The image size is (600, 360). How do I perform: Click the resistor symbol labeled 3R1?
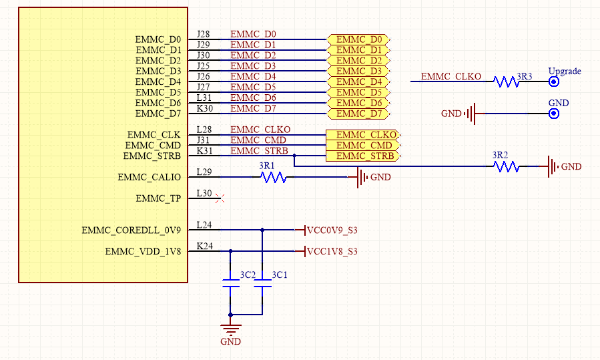pyautogui.click(x=274, y=177)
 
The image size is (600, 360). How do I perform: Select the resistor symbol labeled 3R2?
pyautogui.click(x=507, y=166)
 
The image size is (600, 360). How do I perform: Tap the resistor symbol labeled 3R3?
pyautogui.click(x=507, y=81)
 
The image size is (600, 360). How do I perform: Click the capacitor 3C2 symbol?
pyautogui.click(x=231, y=287)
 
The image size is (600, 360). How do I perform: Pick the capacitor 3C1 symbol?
pyautogui.click(x=262, y=287)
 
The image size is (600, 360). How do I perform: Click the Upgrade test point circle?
pyautogui.click(x=553, y=81)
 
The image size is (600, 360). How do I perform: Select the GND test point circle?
pyautogui.click(x=553, y=114)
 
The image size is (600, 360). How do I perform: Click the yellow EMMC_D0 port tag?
pyautogui.click(x=358, y=39)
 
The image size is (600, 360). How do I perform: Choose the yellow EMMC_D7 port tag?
pyautogui.click(x=358, y=114)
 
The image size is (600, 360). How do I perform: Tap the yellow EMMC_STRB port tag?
pyautogui.click(x=363, y=156)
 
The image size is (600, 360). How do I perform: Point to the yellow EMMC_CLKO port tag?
pyautogui.click(x=363, y=135)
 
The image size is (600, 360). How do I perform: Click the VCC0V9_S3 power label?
pyautogui.click(x=331, y=230)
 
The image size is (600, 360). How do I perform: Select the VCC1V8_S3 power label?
pyautogui.click(x=331, y=252)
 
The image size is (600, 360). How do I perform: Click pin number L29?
pyautogui.click(x=204, y=172)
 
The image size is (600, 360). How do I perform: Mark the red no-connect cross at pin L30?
pyautogui.click(x=223, y=198)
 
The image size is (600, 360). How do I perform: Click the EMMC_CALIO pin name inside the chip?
pyautogui.click(x=149, y=178)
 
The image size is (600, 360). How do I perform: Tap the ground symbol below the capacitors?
pyautogui.click(x=231, y=328)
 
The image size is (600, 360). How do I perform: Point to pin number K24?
pyautogui.click(x=204, y=247)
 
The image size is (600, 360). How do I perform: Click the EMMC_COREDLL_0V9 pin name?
pyautogui.click(x=131, y=231)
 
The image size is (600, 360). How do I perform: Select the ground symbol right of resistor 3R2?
pyautogui.click(x=553, y=166)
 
